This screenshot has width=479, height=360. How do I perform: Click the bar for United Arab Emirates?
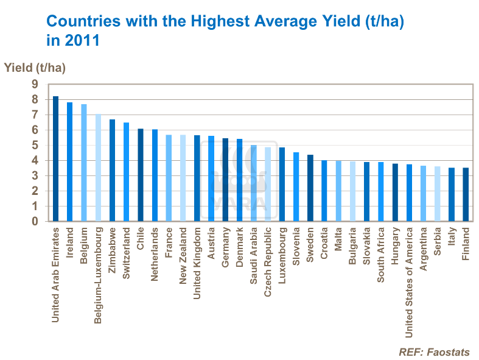coord(55,159)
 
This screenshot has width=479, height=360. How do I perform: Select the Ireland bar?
coord(69,162)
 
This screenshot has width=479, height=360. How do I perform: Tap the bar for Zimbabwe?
coord(112,171)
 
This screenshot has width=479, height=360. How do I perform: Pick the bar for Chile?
coord(140,175)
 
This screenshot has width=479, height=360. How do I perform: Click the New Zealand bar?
coord(183,178)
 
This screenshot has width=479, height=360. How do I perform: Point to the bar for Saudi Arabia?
coord(253,183)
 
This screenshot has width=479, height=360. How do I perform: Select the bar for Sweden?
coord(310,188)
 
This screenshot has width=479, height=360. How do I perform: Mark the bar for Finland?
coord(466,195)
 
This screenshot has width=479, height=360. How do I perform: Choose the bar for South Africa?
coord(380,192)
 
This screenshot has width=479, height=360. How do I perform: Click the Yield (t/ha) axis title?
coord(35,67)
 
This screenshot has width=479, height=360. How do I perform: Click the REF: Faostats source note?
coord(434,351)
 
